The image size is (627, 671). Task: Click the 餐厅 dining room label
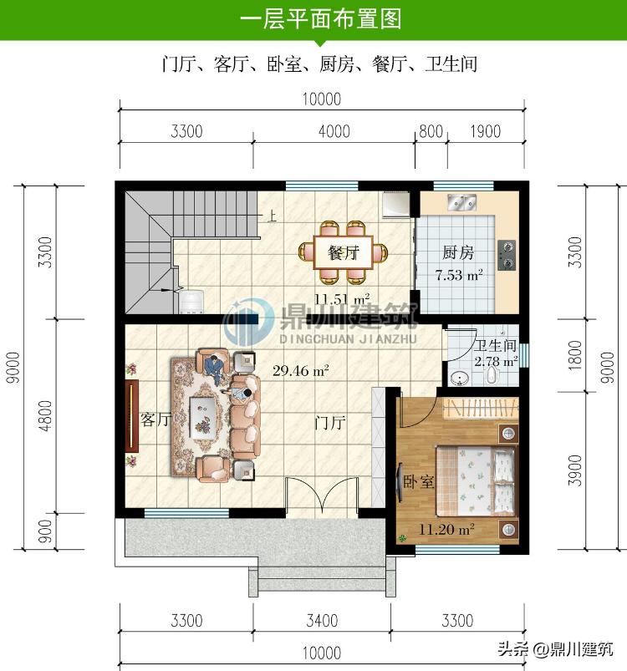click(x=343, y=252)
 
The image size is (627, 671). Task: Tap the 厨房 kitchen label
click(x=457, y=253)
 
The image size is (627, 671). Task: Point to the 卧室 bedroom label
click(x=418, y=483)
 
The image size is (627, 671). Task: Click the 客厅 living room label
click(x=155, y=419)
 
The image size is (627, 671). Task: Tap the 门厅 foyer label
click(x=330, y=422)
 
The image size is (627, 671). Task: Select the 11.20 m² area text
click(x=446, y=528)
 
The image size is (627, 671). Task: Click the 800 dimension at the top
click(x=431, y=131)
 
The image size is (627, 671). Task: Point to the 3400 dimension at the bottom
click(x=322, y=620)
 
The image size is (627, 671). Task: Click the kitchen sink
click(x=461, y=202)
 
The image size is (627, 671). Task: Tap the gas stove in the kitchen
click(x=507, y=252)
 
